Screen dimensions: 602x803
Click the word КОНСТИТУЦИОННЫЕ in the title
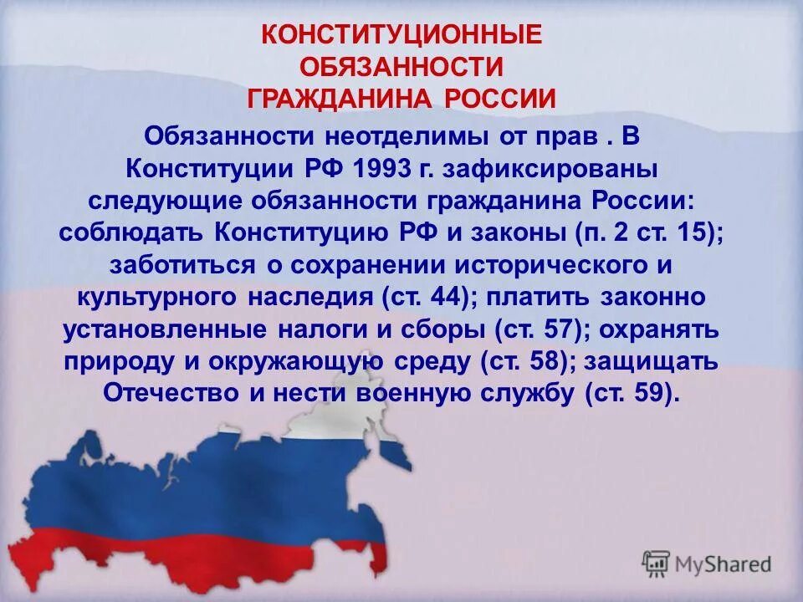point(401,35)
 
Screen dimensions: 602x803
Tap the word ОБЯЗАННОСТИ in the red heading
point(401,67)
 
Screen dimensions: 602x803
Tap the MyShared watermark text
point(722,564)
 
